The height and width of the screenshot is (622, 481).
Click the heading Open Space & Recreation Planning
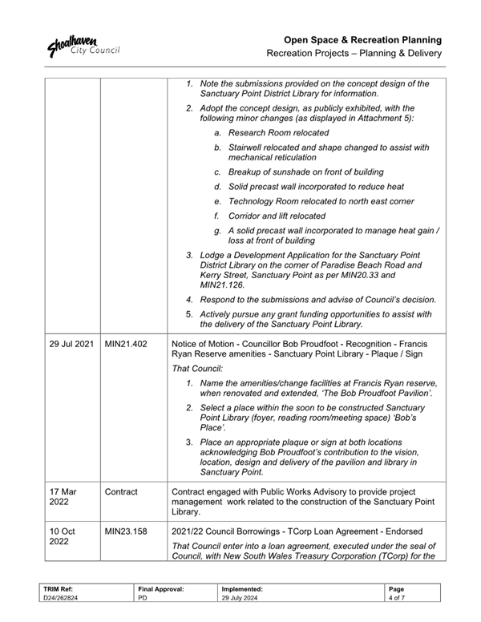pyautogui.click(x=366, y=39)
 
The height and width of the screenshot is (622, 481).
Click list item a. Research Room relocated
pyautogui.click(x=272, y=132)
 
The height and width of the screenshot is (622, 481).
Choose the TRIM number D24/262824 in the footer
pyautogui.click(x=60, y=598)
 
